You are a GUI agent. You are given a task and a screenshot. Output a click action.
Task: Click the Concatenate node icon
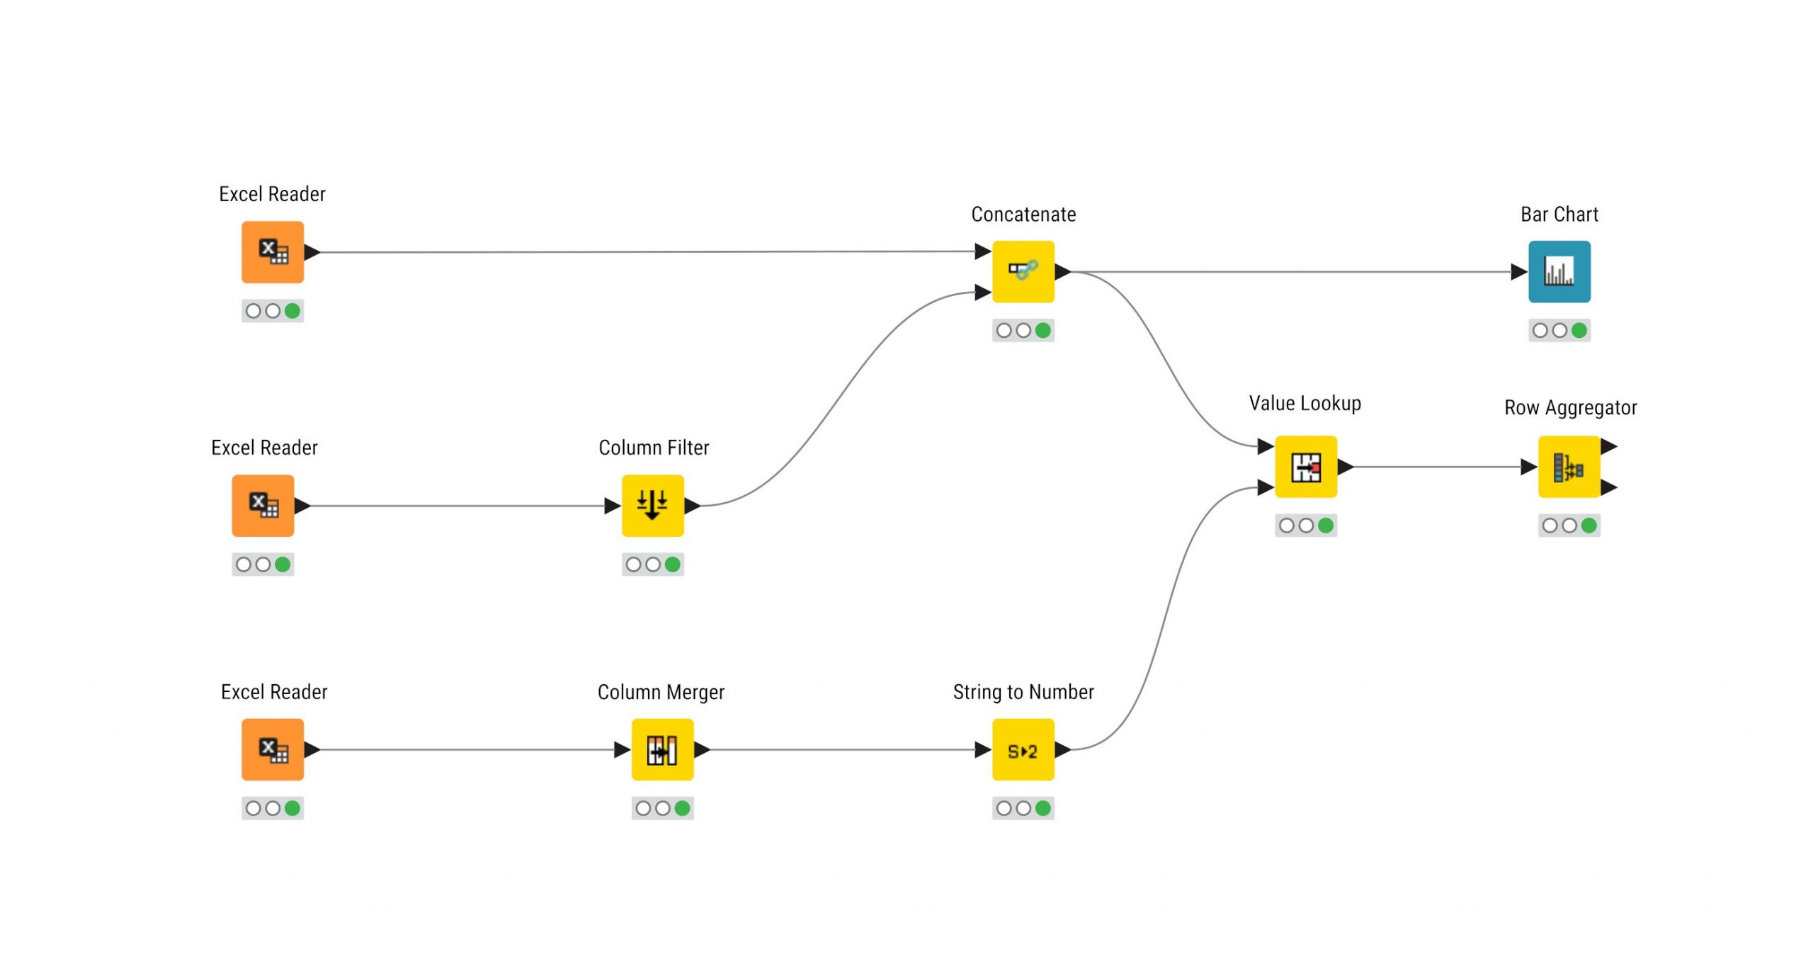pos(1023,271)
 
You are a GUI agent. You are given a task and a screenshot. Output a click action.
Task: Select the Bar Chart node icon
pos(1559,271)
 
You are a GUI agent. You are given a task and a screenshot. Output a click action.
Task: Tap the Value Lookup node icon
pos(1305,467)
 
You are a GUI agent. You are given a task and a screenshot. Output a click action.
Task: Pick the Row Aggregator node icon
pos(1569,467)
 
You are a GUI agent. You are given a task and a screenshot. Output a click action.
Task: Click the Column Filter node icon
pos(652,505)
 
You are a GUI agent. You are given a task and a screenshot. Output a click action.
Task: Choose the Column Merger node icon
pos(662,749)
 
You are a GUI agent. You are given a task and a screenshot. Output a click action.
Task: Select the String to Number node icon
pos(1023,749)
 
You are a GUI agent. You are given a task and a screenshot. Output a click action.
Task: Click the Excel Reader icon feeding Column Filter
pos(263,505)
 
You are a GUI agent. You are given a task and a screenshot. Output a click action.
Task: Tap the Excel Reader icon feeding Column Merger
pos(273,749)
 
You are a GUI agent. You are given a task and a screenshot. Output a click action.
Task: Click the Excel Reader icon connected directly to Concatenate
pos(273,252)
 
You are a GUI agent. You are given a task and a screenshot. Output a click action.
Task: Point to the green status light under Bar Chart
pos(1579,330)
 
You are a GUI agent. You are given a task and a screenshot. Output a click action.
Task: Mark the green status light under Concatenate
pos(1042,330)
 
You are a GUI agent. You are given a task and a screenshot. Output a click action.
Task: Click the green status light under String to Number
pos(1042,808)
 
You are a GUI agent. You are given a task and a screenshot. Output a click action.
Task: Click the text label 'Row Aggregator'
pos(1570,408)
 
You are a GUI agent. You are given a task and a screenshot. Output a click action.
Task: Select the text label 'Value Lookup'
pos(1305,404)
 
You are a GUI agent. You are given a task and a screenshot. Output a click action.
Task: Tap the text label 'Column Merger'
pos(661,692)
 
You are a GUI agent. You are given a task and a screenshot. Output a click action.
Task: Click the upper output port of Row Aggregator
pos(1608,446)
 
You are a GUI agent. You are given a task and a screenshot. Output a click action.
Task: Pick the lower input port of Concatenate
pos(982,292)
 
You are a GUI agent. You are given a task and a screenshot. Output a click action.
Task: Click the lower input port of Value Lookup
pos(1265,487)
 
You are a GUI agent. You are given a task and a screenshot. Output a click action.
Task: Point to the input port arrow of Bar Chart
pos(1518,271)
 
